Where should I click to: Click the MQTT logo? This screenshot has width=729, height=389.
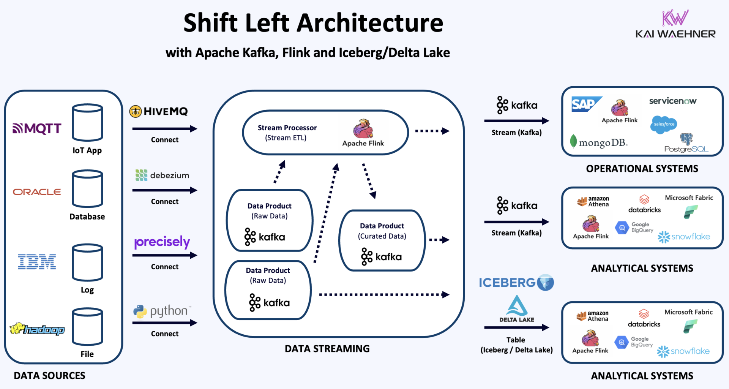pyautogui.click(x=37, y=128)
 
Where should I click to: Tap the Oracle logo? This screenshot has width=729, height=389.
pyautogui.click(x=37, y=192)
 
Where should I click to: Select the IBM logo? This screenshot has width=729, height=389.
pyautogui.click(x=37, y=262)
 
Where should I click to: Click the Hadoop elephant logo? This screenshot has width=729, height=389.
pyautogui.click(x=37, y=329)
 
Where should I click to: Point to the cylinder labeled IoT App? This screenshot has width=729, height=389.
pyautogui.click(x=87, y=122)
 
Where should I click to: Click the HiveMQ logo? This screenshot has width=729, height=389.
pyautogui.click(x=159, y=111)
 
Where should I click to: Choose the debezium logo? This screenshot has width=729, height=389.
pyautogui.click(x=162, y=175)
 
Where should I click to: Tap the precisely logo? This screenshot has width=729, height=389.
pyautogui.click(x=162, y=242)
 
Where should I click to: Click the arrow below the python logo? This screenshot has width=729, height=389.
pyautogui.click(x=164, y=323)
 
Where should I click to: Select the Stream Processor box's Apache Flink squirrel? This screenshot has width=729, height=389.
pyautogui.click(x=363, y=129)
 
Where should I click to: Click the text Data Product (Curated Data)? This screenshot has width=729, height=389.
pyautogui.click(x=382, y=231)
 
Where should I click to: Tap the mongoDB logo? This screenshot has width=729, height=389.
pyautogui.click(x=599, y=142)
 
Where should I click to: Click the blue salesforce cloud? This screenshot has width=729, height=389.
pyautogui.click(x=664, y=124)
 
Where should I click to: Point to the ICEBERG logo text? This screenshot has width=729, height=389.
pyautogui.click(x=507, y=283)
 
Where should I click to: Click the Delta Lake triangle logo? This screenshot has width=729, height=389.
pyautogui.click(x=517, y=306)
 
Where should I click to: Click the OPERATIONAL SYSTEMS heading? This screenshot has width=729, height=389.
pyautogui.click(x=642, y=169)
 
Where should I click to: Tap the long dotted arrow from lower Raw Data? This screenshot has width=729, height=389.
pyautogui.click(x=383, y=294)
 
